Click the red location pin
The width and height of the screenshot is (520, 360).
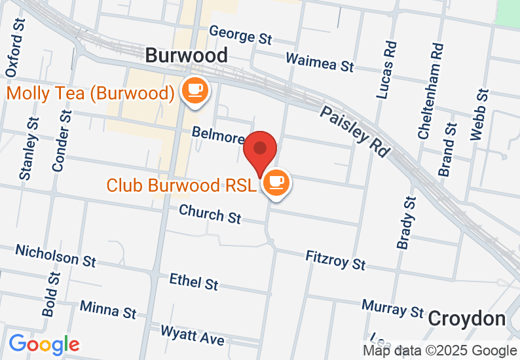pos(261,151)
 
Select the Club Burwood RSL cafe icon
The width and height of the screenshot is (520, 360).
pos(277,183)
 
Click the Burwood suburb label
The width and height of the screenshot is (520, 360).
pos(187,55)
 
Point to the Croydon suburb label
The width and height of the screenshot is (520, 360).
pos(467,319)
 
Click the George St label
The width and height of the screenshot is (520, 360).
pos(240,35)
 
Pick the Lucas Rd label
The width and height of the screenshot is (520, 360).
pos(388,70)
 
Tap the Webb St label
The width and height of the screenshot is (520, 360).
pos(479,115)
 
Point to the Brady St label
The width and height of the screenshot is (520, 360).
pos(406,223)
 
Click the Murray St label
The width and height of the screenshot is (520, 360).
pos(392,308)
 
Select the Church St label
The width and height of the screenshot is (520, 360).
pos(210,213)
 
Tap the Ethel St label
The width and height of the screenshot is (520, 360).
pos(193,281)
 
